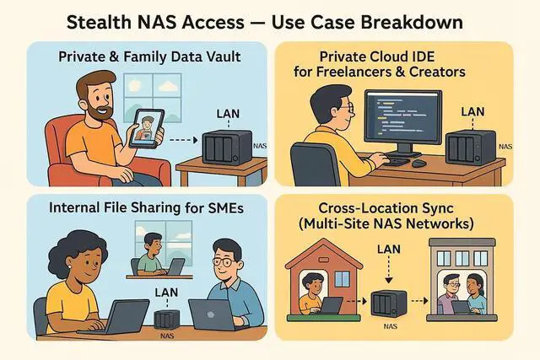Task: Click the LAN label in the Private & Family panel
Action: pos(229,113)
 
